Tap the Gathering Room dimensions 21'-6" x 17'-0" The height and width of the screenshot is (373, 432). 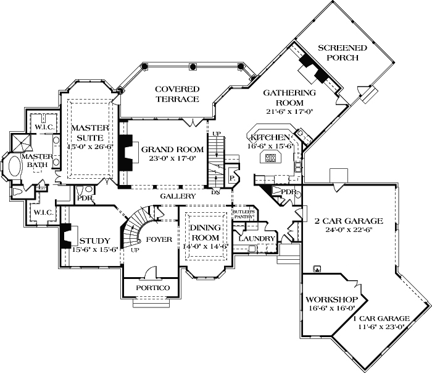tap(289, 112)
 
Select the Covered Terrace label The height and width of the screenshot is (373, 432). tap(177, 94)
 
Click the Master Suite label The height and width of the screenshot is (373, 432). tap(90, 132)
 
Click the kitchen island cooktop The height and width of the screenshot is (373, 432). tap(270, 158)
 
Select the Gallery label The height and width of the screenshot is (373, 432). tap(178, 195)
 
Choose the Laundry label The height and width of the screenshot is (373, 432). tap(256, 238)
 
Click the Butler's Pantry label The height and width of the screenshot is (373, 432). tap(243, 215)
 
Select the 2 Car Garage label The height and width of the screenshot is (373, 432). tap(349, 220)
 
